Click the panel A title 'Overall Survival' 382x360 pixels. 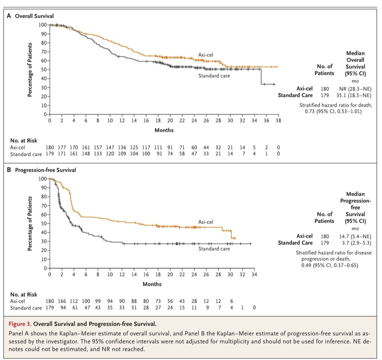tap(34, 16)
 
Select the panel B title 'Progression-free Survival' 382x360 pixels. tap(45, 170)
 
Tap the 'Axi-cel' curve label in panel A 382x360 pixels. tap(206, 55)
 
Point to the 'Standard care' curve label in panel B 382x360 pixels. tap(214, 249)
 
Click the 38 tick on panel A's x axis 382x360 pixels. tap(278, 120)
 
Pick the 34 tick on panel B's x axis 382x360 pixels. tap(254, 274)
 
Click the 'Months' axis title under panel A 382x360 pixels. tap(164, 130)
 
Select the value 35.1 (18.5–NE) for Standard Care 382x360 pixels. tap(354, 95)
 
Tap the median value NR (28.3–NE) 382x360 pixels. tap(355, 89)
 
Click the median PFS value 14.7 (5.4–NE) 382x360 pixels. tap(355, 236)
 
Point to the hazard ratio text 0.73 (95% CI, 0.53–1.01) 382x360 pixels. tap(333, 111)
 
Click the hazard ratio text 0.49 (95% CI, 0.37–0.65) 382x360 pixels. tap(330, 265)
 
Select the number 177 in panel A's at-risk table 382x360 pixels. tap(62, 148)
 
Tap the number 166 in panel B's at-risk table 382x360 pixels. tap(62, 301)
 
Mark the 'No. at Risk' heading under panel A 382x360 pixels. tap(23, 141)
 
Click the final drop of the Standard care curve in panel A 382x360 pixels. tap(261, 77)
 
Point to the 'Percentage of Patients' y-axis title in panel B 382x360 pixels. tap(29, 223)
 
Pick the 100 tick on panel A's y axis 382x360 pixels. tap(42, 25)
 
